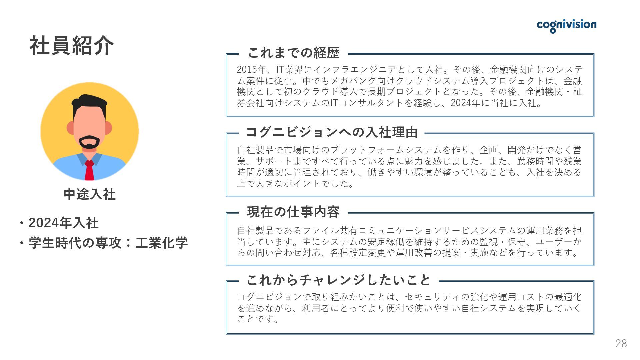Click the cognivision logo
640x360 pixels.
pyautogui.click(x=566, y=25)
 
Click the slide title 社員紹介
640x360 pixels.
pyautogui.click(x=72, y=46)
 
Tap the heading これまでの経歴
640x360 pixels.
pyautogui.click(x=293, y=53)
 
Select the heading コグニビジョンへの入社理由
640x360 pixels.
pyautogui.click(x=332, y=132)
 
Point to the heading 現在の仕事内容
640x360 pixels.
pyautogui.click(x=293, y=212)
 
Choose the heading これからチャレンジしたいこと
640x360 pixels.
pyautogui.click(x=338, y=280)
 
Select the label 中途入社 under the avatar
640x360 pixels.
pyautogui.click(x=89, y=194)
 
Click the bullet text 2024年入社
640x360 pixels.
pyautogui.click(x=63, y=223)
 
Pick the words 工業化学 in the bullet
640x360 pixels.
pyautogui.click(x=161, y=243)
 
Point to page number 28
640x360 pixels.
pyautogui.click(x=621, y=344)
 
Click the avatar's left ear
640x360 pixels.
pyautogui.click(x=71, y=128)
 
